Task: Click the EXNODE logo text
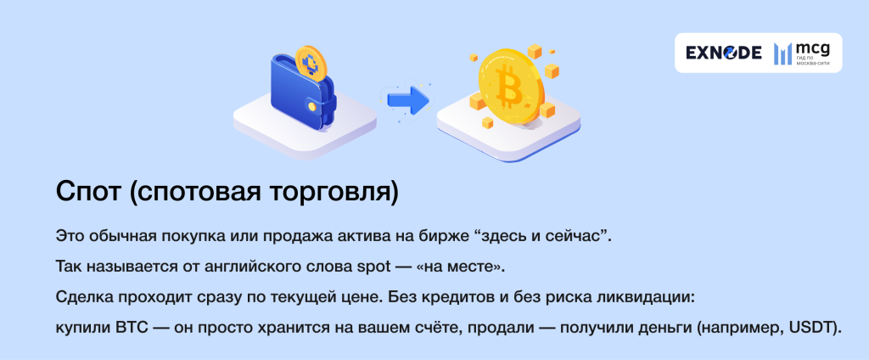(723, 53)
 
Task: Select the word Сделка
(82, 297)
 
